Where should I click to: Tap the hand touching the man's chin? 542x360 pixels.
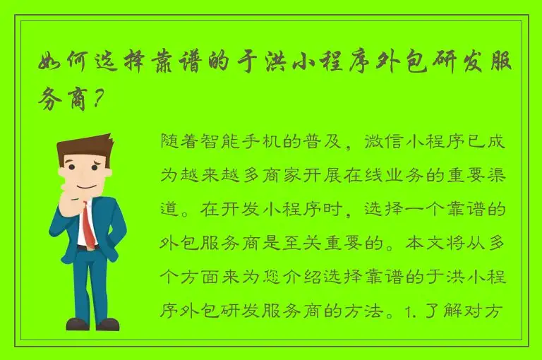tap(70, 188)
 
